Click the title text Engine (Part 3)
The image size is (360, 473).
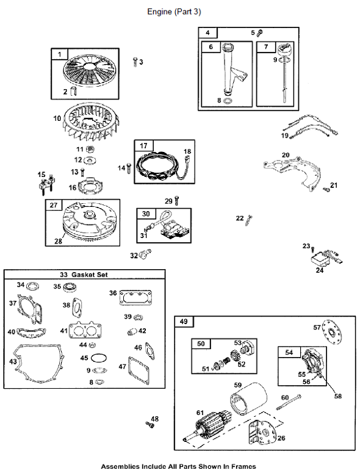pyautogui.click(x=174, y=12)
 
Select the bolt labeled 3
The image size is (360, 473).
pyautogui.click(x=135, y=62)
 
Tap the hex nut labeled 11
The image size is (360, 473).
pyautogui.click(x=89, y=149)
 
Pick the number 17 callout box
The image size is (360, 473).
pyautogui.click(x=144, y=146)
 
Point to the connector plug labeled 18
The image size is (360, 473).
pyautogui.click(x=187, y=158)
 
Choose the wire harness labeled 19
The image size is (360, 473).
pyautogui.click(x=314, y=126)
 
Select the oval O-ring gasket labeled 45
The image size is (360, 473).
pyautogui.click(x=99, y=358)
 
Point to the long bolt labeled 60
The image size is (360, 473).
pyautogui.click(x=289, y=402)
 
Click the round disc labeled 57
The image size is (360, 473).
pyautogui.click(x=333, y=333)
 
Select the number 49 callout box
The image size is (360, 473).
pyautogui.click(x=184, y=322)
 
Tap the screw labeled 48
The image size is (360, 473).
pyautogui.click(x=150, y=425)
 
